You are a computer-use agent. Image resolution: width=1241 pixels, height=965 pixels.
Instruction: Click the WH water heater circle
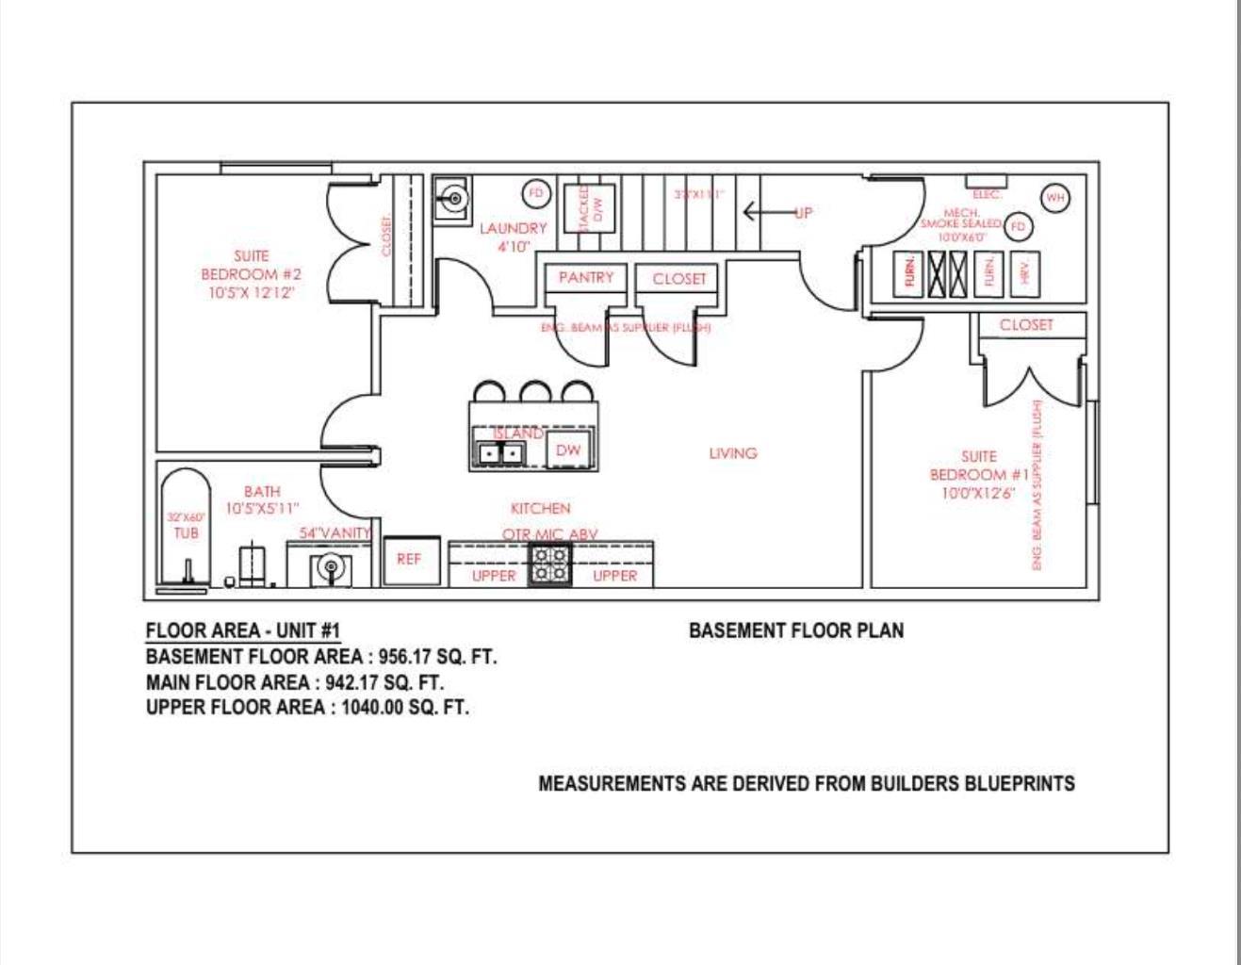tap(1054, 198)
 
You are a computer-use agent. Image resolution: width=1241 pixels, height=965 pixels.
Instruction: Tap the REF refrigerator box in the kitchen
tap(410, 560)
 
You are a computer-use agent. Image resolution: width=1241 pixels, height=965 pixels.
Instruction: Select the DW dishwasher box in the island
tap(568, 450)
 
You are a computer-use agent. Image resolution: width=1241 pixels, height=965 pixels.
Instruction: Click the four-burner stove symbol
tap(549, 564)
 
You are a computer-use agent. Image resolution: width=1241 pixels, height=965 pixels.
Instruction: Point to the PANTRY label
tap(585, 278)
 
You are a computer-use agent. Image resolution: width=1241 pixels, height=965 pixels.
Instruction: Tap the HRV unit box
tap(1025, 272)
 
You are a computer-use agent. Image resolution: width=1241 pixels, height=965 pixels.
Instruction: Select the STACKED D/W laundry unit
tap(589, 208)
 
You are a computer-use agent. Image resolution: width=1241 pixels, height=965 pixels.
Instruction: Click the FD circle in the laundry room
tap(536, 194)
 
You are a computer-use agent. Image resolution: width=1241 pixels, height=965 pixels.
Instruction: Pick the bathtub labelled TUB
tap(186, 528)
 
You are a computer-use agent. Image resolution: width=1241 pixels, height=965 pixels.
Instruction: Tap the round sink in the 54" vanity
tap(330, 567)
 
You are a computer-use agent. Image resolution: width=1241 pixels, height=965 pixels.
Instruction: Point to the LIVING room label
tap(732, 453)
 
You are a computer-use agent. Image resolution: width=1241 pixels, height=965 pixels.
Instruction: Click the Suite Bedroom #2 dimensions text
tap(252, 293)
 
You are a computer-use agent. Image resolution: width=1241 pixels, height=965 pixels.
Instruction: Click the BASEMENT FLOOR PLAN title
tap(795, 630)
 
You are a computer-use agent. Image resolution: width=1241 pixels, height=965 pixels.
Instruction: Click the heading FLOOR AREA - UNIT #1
tap(242, 631)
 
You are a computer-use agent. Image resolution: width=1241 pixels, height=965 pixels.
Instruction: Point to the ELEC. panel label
tap(987, 194)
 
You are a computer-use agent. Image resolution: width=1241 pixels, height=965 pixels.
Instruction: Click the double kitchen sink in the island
tap(499, 453)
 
